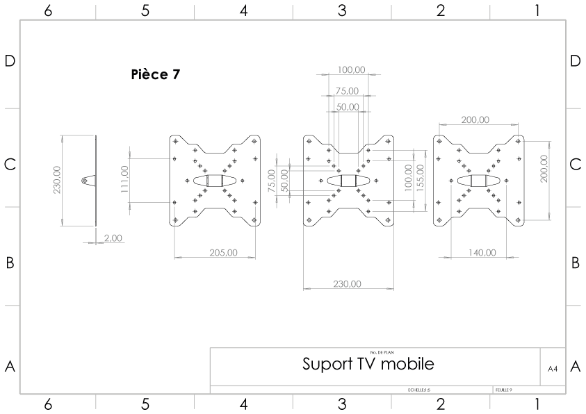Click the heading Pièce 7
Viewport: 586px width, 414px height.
tap(156, 74)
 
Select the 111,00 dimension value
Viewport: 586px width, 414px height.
tap(124, 181)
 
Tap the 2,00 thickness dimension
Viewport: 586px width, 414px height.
tap(113, 238)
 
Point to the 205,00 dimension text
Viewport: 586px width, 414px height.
tap(222, 252)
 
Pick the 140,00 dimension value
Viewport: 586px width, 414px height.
tap(482, 252)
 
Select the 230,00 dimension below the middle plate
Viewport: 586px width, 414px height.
tap(347, 283)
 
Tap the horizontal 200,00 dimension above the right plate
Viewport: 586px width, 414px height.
tap(474, 120)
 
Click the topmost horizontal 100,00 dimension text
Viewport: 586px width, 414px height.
tap(351, 69)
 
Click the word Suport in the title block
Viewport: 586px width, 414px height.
tap(327, 364)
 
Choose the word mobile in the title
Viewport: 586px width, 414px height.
tap(408, 364)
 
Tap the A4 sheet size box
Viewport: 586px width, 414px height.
tap(553, 368)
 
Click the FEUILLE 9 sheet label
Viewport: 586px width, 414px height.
tap(504, 390)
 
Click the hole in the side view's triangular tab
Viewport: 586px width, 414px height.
tap(85, 181)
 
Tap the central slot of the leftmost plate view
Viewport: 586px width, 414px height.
tap(215, 181)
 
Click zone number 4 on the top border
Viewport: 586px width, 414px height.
tap(243, 10)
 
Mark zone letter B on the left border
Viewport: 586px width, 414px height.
tap(10, 263)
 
